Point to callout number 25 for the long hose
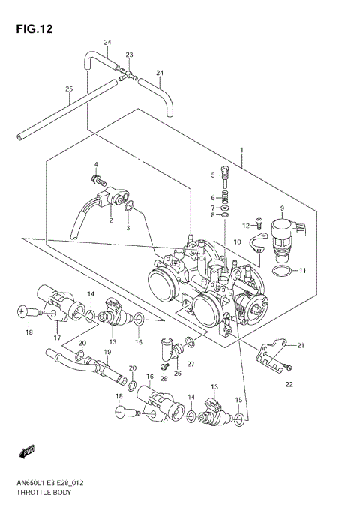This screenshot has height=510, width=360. (x=69, y=90)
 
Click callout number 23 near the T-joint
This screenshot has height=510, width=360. (x=129, y=55)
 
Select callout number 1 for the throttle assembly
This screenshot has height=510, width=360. (x=241, y=150)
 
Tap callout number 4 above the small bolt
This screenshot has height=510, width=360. (x=96, y=164)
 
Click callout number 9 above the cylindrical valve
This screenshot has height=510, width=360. (x=282, y=208)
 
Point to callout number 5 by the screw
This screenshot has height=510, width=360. (x=213, y=175)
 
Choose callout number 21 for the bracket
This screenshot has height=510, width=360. (x=301, y=345)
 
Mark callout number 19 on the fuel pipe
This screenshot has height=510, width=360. (x=107, y=352)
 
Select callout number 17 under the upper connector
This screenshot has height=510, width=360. (x=56, y=337)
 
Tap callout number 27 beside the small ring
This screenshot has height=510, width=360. (x=190, y=364)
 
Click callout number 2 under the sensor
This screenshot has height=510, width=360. (x=109, y=221)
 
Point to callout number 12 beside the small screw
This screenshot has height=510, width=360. (x=244, y=226)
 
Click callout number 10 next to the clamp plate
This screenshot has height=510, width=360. (x=236, y=241)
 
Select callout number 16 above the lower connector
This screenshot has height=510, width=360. (x=150, y=377)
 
